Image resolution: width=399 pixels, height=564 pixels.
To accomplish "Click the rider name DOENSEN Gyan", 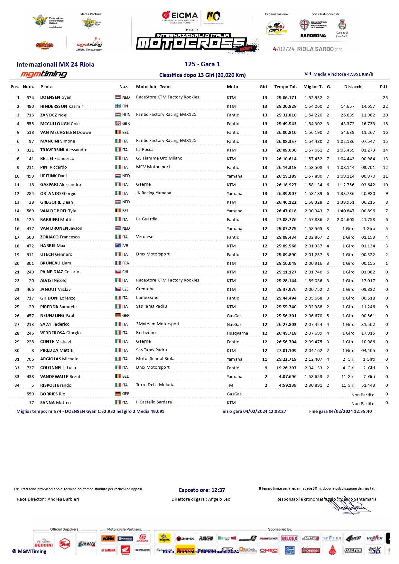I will pyautogui.click(x=56, y=97).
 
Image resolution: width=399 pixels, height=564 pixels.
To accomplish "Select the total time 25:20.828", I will pyautogui.click(x=286, y=106).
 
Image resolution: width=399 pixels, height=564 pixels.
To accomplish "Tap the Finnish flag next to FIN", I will pyautogui.click(x=118, y=106).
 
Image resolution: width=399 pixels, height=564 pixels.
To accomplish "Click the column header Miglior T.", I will pyautogui.click(x=313, y=87).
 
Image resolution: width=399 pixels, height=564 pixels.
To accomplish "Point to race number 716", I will pyautogui.click(x=30, y=115).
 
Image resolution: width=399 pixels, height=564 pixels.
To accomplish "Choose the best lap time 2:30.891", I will pyautogui.click(x=313, y=385).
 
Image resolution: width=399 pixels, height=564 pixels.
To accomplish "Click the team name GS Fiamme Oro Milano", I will pyautogui.click(x=159, y=158).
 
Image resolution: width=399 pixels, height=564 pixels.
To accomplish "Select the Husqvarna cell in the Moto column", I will pyautogui.click(x=237, y=333).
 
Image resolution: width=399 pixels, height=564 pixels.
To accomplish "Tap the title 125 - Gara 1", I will pyautogui.click(x=202, y=64).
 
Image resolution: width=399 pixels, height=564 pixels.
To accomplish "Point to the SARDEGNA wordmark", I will pyautogui.click(x=313, y=36).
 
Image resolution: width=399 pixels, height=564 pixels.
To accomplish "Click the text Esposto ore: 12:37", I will pyautogui.click(x=202, y=490).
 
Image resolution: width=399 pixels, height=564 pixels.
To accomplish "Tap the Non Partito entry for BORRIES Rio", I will pyautogui.click(x=363, y=395).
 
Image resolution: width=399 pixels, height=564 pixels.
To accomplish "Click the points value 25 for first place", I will pyautogui.click(x=385, y=98).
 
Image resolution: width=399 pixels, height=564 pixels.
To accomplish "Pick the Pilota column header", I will pyautogui.click(x=46, y=87).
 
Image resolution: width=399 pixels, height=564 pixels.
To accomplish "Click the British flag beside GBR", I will pyautogui.click(x=118, y=124).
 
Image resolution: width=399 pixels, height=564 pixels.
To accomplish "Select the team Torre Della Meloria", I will pyautogui.click(x=155, y=385).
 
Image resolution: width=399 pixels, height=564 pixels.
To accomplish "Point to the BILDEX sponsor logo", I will pyautogui.click(x=289, y=538).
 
